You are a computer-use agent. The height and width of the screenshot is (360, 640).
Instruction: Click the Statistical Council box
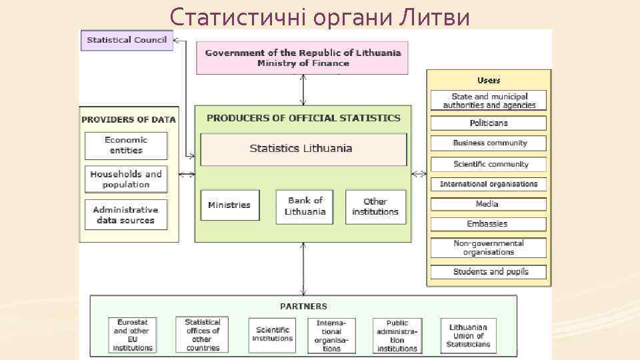point(127,40)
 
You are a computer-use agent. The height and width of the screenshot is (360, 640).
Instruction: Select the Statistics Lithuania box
point(303,149)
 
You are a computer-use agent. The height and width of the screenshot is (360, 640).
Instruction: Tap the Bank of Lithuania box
point(304,206)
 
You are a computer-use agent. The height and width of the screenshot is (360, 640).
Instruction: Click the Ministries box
point(229,205)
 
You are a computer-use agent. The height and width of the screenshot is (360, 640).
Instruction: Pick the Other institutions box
point(375,206)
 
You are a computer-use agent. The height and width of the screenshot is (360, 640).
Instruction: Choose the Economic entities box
point(126,145)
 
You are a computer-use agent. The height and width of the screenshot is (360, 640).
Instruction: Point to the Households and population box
point(126,179)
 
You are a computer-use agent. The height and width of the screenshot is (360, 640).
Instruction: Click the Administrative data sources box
point(126,215)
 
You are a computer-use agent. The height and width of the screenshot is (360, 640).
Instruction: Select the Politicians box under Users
point(489,123)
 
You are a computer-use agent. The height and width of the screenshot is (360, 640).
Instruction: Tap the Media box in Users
point(489,204)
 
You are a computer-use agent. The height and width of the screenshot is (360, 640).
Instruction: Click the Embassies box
point(489,224)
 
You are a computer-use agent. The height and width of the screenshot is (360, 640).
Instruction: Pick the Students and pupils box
point(489,272)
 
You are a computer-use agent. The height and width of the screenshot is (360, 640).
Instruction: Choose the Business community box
point(489,143)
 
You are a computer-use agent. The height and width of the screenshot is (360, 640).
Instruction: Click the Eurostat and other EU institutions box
point(133,335)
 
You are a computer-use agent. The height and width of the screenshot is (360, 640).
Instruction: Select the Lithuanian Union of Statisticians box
point(468,335)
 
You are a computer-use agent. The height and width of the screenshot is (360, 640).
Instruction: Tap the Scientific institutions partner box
point(272,335)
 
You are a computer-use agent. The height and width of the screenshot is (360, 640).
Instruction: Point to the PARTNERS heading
point(303,307)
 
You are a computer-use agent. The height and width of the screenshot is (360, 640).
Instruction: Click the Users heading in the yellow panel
point(489,81)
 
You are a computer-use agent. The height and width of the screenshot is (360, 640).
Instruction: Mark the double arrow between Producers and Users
point(419,175)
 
